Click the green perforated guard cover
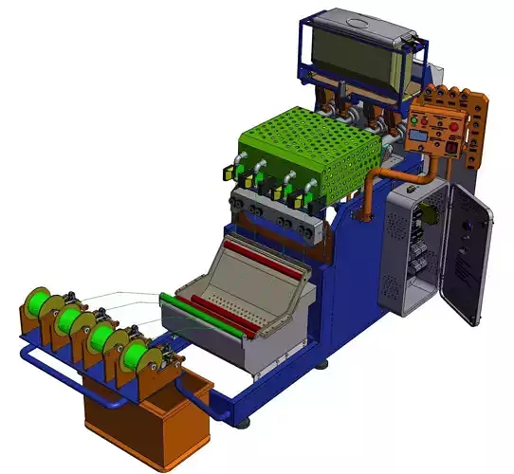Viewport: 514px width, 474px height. (x=303, y=142)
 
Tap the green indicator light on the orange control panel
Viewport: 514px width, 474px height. (x=413, y=120)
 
